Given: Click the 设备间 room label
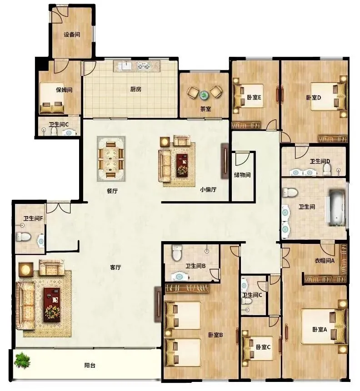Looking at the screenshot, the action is click(72, 35).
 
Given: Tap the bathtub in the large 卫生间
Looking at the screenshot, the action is click(337, 208).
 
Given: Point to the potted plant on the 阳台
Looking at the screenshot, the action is click(22, 360).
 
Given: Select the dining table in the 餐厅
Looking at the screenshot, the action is click(111, 159).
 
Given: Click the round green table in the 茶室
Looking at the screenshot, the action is click(204, 95).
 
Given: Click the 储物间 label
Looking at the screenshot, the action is click(242, 175).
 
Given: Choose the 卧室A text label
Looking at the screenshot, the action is click(320, 329).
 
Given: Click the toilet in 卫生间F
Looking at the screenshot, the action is click(23, 237).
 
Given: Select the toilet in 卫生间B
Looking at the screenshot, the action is click(177, 252).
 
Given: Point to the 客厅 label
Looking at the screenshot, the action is click(115, 267).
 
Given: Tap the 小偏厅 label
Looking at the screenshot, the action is click(208, 189).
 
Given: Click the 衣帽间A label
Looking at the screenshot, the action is click(324, 261).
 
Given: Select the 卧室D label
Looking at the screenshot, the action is click(314, 98).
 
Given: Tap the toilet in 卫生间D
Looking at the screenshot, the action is click(326, 169).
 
